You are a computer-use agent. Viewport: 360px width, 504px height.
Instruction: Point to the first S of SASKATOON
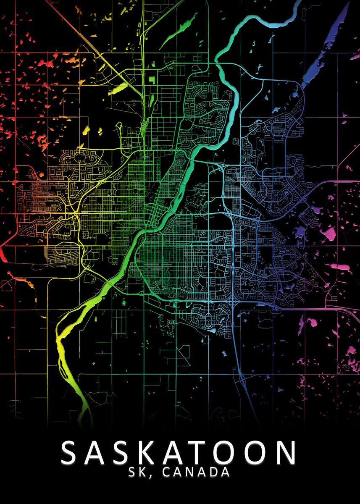[x=72, y=452]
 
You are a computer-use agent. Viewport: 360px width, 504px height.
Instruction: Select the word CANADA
[x=196, y=472]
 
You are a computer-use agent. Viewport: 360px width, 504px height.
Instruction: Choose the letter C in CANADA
[x=166, y=472]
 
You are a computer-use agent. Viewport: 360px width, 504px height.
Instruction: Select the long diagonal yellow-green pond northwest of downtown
[x=118, y=88]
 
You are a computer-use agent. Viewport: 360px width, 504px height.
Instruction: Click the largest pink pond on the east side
[x=330, y=233]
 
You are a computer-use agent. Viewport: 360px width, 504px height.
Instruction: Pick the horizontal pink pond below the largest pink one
[x=340, y=266]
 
